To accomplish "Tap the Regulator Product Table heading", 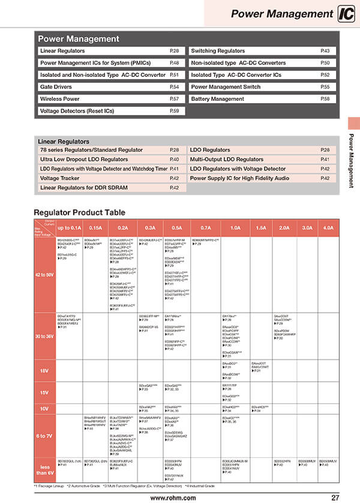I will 80,212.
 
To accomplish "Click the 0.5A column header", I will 177,228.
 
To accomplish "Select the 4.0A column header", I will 328,228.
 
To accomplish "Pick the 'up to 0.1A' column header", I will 69,228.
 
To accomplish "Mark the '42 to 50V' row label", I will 44,275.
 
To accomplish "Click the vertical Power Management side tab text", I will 353,161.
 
